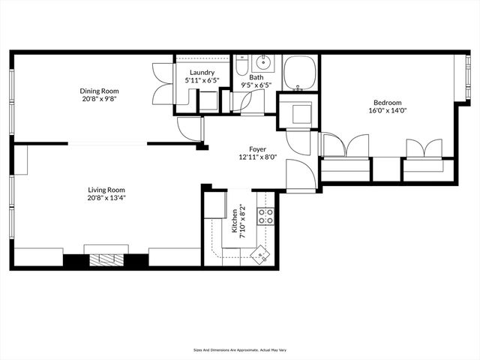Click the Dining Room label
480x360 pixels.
tap(100, 91)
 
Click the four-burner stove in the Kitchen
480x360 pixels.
tap(265, 217)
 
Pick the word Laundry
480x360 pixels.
tap(202, 73)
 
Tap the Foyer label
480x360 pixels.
tap(258, 149)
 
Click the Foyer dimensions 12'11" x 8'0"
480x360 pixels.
tap(258, 157)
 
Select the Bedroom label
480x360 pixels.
tap(387, 103)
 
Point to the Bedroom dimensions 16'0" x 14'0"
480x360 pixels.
tap(387, 111)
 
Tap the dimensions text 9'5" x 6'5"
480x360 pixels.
tap(256, 85)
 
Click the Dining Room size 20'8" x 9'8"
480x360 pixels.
tap(100, 99)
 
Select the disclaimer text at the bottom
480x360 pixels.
tap(239, 349)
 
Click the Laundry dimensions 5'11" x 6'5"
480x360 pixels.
tap(202, 81)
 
